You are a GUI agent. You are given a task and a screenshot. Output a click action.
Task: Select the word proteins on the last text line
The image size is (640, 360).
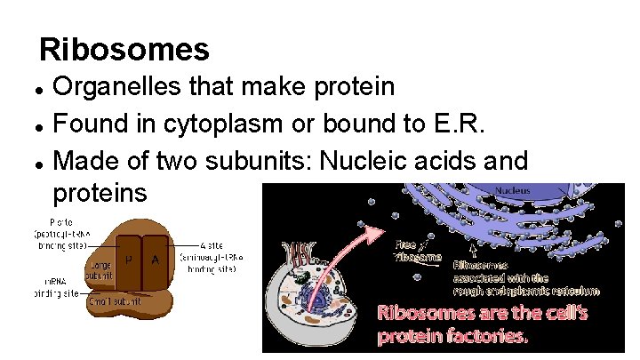pyautogui.click(x=100, y=192)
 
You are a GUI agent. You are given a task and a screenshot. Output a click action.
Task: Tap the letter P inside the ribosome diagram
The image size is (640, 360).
pyautogui.click(x=129, y=260)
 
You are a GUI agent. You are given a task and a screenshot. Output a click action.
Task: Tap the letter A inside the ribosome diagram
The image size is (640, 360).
pyautogui.click(x=156, y=260)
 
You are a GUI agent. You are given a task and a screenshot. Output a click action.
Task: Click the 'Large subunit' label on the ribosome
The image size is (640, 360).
pyautogui.click(x=99, y=270)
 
